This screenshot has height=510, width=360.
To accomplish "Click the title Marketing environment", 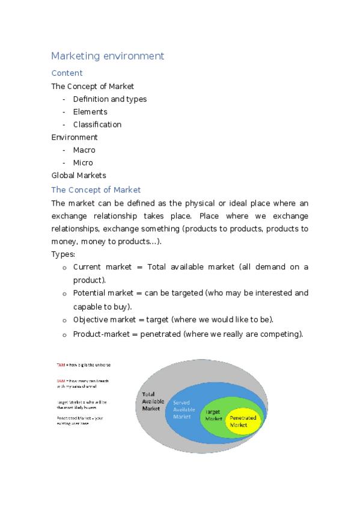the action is click(108, 56).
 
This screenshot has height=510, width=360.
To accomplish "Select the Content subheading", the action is click(67, 73).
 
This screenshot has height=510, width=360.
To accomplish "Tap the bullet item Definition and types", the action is click(109, 99).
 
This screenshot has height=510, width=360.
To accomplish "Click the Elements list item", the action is click(90, 112).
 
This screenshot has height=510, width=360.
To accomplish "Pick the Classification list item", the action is click(97, 124).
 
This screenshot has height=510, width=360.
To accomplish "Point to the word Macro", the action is click(84, 150).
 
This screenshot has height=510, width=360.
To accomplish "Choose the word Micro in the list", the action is click(83, 162).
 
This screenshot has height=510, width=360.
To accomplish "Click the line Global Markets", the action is click(79, 175).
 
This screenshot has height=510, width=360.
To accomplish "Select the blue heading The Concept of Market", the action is click(96, 190).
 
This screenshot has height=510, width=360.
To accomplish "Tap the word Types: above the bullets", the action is click(63, 254).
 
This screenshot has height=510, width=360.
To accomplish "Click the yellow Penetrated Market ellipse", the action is click(243, 421).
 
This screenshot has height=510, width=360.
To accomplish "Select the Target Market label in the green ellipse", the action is click(213, 414).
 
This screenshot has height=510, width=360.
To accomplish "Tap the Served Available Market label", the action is click(182, 409).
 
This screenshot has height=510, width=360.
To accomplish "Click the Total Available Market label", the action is click(151, 401).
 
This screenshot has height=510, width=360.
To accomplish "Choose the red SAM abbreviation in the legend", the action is click(61, 380).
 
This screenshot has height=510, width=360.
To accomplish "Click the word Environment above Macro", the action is click(75, 137).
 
